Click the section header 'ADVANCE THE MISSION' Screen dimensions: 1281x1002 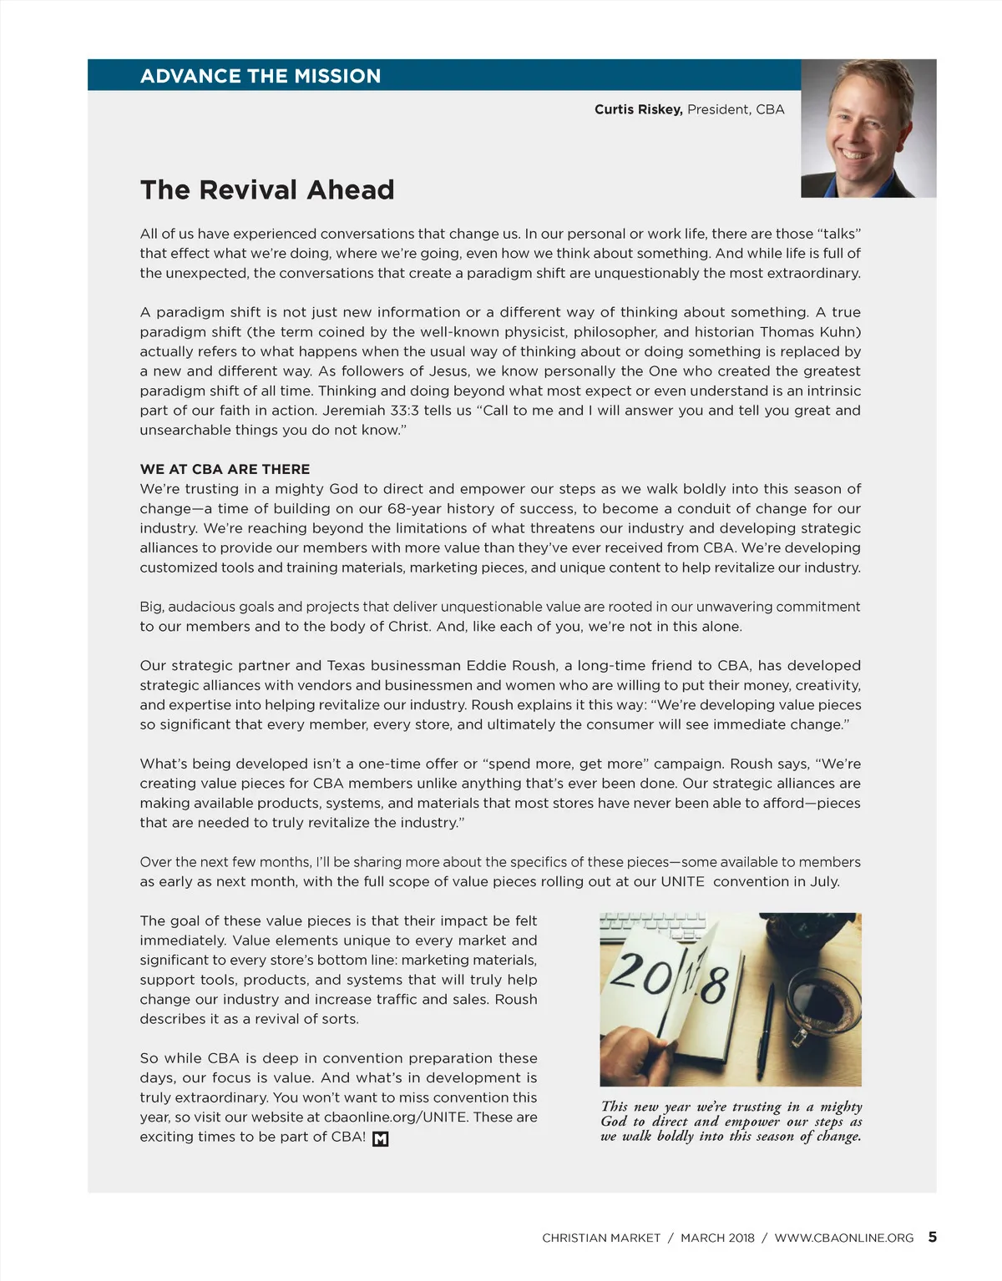[261, 76]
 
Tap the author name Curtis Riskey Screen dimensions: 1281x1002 [638, 109]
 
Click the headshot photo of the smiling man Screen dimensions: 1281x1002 [868, 129]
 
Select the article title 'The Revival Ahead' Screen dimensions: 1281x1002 [267, 190]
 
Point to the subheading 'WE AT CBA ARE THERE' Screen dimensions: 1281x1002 [225, 469]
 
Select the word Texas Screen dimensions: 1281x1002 [346, 666]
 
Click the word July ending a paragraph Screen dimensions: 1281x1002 [823, 882]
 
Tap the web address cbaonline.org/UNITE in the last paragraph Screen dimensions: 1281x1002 [395, 1117]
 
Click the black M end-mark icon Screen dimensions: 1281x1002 [381, 1138]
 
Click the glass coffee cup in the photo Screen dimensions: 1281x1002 [822, 1001]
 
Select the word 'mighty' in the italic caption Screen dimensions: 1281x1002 [841, 1107]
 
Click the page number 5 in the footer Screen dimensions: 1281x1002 [932, 1238]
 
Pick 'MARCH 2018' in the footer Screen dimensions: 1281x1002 [717, 1238]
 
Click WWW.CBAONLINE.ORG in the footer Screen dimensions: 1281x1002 [844, 1238]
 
